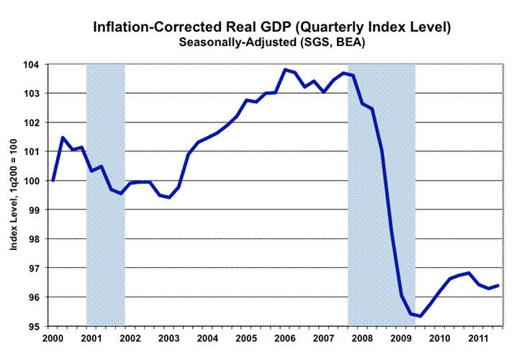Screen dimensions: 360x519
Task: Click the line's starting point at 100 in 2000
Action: [53, 180]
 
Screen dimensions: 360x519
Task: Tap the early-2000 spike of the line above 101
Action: [63, 138]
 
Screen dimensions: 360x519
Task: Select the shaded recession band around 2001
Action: [106, 194]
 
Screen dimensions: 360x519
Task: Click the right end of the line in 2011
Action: [498, 286]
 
